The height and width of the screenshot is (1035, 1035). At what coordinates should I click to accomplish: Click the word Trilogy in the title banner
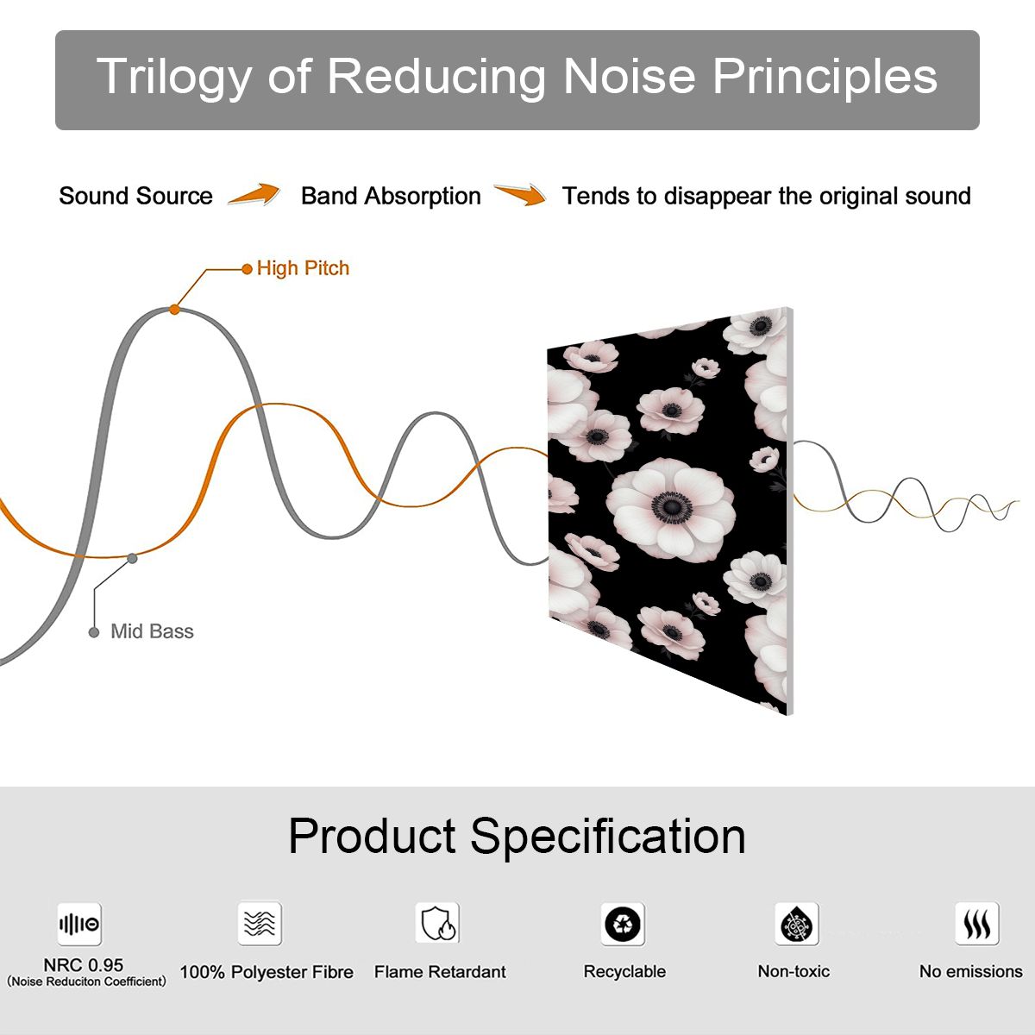point(174,78)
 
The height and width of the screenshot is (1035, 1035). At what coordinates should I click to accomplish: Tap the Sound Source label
point(136,196)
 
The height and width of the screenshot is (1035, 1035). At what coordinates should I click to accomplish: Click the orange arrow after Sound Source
point(254,194)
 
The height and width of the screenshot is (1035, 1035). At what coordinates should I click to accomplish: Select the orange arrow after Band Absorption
point(520,194)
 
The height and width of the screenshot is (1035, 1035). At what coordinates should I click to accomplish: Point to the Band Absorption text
point(391,196)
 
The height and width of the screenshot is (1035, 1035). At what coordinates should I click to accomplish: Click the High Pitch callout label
point(303,268)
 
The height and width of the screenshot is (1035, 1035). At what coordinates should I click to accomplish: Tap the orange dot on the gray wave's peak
point(174,310)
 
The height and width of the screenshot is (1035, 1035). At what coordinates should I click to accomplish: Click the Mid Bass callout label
point(152,631)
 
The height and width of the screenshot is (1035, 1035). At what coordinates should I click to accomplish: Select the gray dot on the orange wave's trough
point(132,559)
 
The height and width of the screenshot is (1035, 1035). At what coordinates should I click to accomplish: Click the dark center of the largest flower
point(671,506)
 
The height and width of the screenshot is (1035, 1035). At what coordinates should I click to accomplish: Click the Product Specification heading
point(517,837)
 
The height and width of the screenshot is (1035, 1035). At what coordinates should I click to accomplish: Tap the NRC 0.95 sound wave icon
point(79,924)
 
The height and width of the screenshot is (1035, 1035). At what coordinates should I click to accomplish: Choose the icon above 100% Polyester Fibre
point(260,923)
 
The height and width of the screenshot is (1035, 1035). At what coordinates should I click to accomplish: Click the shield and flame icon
point(437,923)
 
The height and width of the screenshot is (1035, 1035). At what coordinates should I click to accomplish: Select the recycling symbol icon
point(623,924)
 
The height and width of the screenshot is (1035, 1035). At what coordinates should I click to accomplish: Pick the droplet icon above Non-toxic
point(797,924)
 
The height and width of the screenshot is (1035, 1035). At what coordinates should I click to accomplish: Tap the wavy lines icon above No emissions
point(977,923)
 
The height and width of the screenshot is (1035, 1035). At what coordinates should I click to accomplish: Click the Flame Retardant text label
point(440,972)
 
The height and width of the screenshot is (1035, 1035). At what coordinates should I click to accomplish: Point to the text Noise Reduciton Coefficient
point(86,982)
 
